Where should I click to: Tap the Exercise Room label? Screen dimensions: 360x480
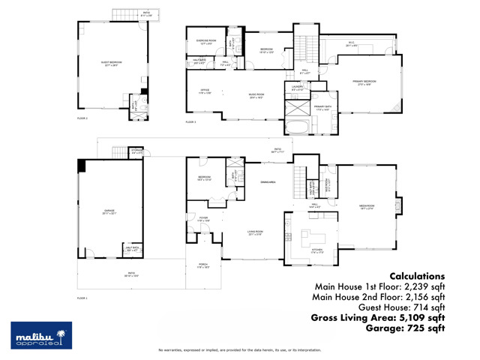point(206,40)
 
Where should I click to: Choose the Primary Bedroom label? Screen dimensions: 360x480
point(365,82)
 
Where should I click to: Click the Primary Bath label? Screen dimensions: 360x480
point(323,107)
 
